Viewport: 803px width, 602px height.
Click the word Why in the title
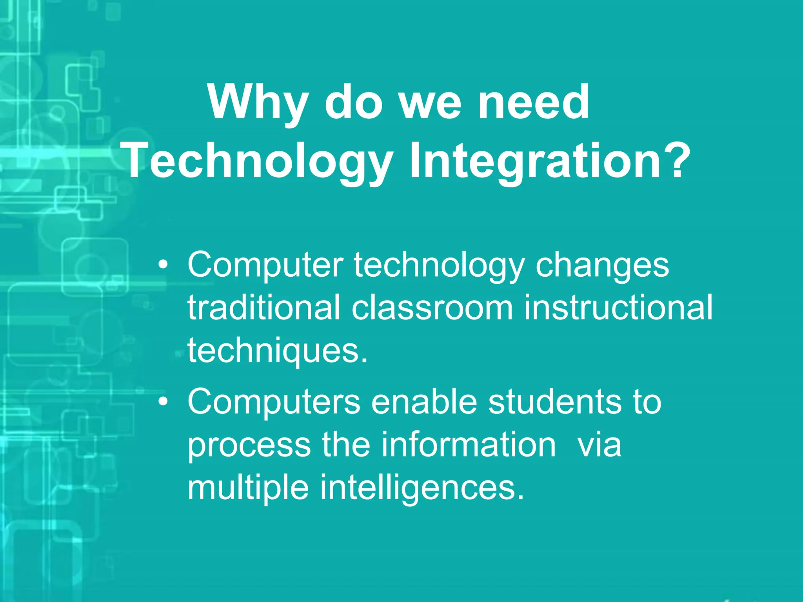257,103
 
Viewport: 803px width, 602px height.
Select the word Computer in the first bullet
265,266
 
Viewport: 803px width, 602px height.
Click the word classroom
432,308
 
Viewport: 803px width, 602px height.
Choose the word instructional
618,308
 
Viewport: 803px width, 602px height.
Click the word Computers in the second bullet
274,402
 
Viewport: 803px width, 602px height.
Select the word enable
424,402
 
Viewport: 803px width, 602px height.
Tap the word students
554,402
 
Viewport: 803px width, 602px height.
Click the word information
469,444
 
